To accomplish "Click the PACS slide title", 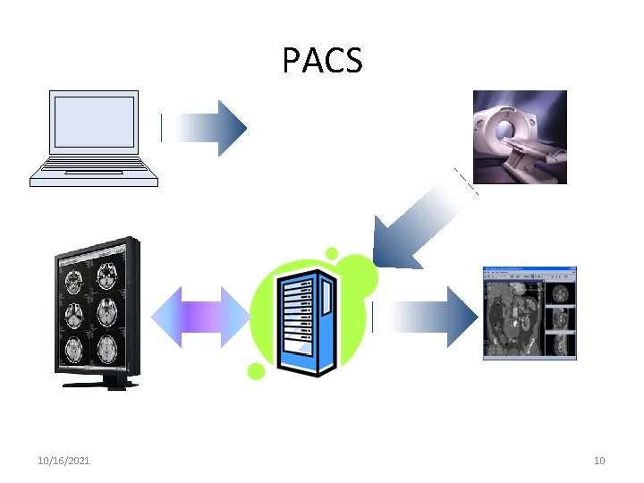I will tap(322, 61).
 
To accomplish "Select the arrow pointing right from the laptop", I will tap(205, 128).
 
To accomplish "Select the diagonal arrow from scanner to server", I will tap(420, 224).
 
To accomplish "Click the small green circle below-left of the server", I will tap(256, 371).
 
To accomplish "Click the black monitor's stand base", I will tap(99, 384).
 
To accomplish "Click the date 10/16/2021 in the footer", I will tap(64, 461).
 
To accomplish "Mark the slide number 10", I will tap(599, 461).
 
